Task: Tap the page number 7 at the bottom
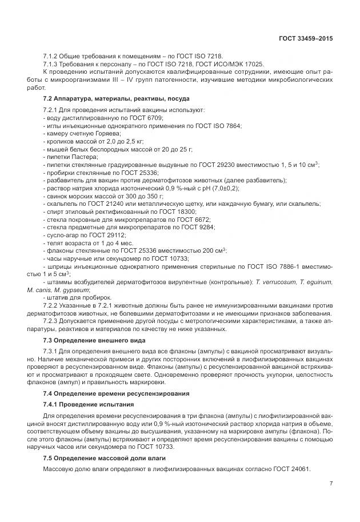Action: pos(331,483)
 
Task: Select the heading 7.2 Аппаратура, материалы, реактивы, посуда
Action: pos(105,99)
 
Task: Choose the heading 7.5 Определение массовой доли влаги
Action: pos(105,459)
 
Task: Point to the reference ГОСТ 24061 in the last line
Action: pos(289,469)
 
